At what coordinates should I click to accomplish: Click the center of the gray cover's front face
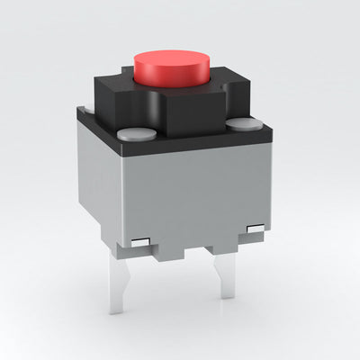coord(193,193)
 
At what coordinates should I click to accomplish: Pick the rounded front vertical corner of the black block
coord(160,117)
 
